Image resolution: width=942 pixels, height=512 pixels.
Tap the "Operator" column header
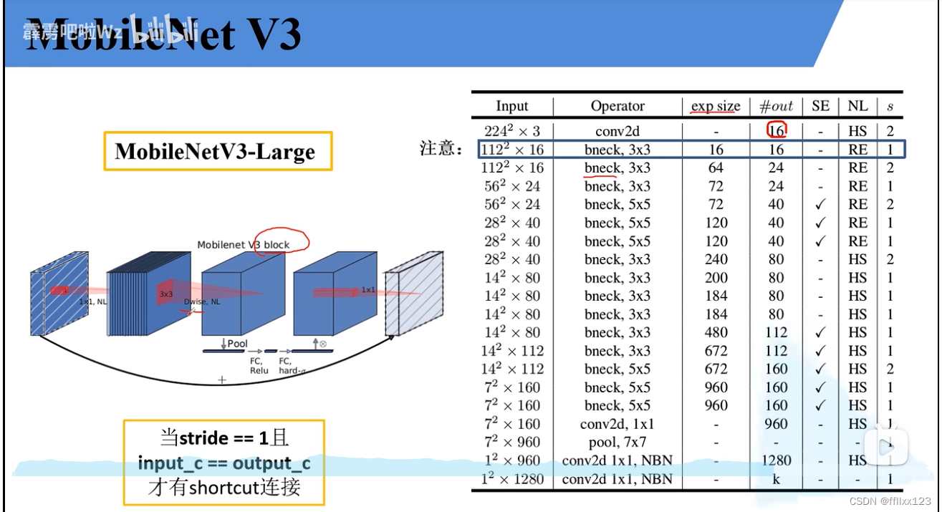617,106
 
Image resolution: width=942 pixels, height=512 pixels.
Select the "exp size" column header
716,106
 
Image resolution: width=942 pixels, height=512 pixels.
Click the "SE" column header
821,106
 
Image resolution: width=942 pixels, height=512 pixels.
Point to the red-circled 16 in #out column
777,131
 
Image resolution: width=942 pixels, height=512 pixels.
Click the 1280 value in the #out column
777,460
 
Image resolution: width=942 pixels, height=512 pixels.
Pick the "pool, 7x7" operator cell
617,442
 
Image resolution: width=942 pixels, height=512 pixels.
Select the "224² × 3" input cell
511,131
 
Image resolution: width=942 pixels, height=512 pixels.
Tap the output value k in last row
777,478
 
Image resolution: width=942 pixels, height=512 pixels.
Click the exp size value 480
716,332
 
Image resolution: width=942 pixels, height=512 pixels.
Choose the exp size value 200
716,278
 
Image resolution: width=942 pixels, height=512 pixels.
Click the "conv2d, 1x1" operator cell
617,424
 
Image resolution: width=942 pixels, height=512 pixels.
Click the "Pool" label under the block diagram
236,344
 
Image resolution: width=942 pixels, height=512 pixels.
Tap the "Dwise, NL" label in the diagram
202,301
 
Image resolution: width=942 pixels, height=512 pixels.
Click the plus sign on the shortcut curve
222,380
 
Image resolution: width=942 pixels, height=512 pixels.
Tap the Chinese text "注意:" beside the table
438,149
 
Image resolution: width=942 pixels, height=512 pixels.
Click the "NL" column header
857,106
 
